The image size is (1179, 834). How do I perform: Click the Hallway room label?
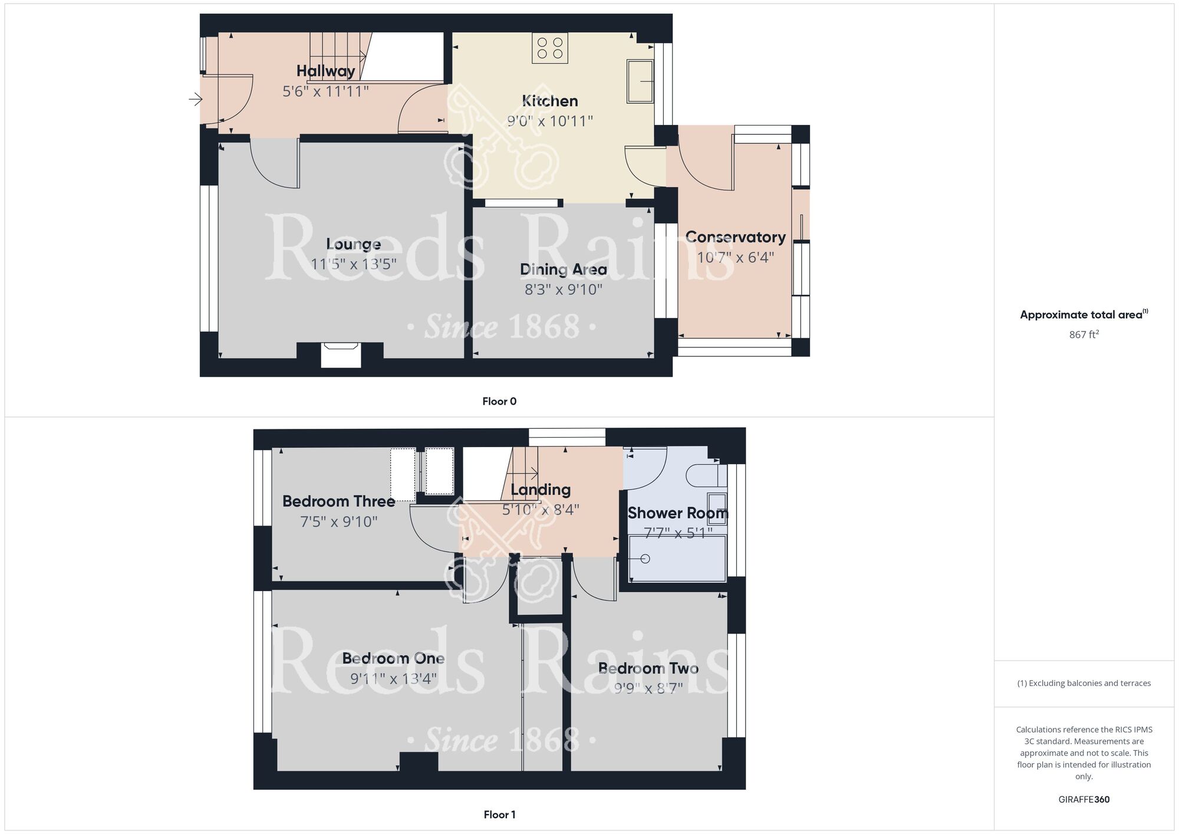point(325,71)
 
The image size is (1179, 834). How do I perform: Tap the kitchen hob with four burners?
point(550,48)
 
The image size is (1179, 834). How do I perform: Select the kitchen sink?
point(640,81)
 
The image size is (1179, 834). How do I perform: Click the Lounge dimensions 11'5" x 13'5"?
point(353,264)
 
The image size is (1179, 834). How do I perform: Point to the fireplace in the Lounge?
point(341,354)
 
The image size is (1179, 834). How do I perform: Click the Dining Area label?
point(563,270)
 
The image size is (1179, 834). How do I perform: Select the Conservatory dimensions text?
point(735,257)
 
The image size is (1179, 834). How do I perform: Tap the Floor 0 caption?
point(499,402)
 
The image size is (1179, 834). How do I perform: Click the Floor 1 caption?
point(499,815)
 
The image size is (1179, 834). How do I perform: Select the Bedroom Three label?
point(338,501)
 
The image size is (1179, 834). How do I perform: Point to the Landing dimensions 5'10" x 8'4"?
point(541,510)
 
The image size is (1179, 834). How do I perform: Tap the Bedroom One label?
point(393,658)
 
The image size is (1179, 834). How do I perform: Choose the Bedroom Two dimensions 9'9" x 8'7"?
point(648,688)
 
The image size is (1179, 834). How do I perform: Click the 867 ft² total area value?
point(1084,334)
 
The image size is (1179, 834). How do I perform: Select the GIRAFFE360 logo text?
point(1084,800)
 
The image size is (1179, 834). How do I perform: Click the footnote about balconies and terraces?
point(1084,683)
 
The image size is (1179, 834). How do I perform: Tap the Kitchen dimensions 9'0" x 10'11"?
point(550,121)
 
